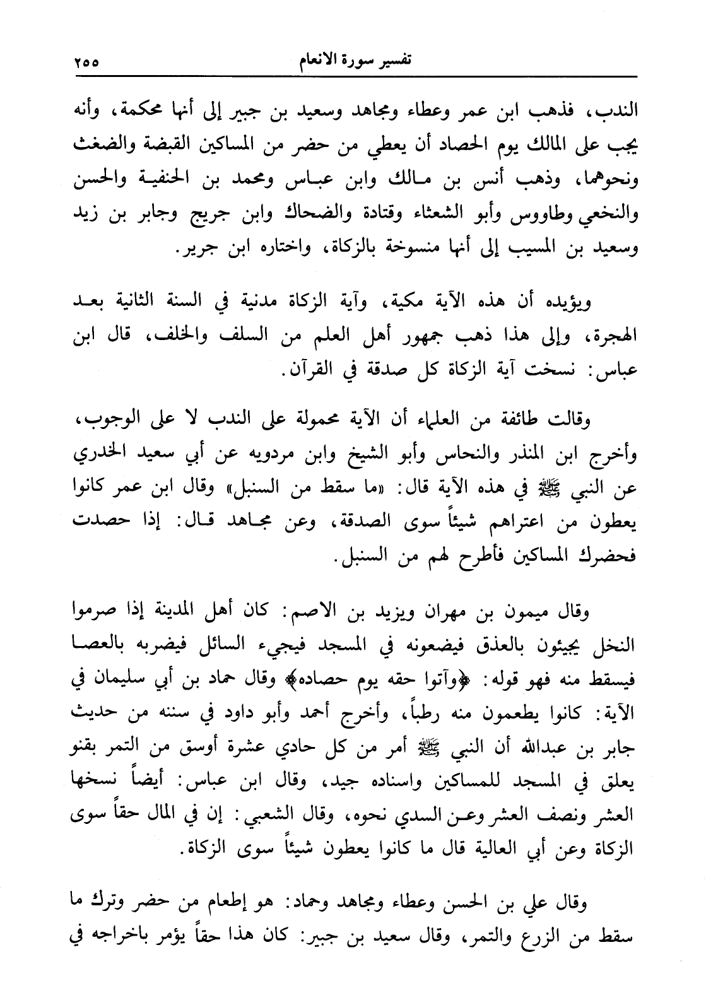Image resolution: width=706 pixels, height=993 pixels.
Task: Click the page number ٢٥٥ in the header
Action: pos(86,63)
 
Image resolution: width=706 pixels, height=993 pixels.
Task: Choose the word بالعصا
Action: pos(91,645)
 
